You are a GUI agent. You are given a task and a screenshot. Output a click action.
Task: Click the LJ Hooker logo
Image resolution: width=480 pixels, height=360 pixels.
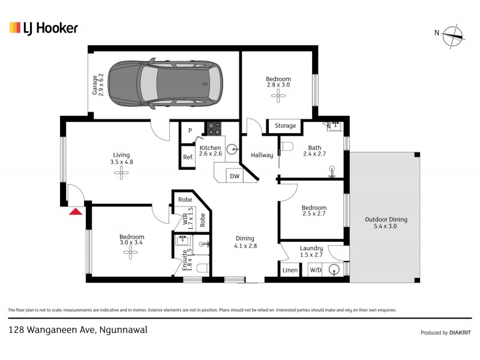(43, 28)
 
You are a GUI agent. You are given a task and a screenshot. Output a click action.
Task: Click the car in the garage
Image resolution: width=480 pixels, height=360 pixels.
(178, 83)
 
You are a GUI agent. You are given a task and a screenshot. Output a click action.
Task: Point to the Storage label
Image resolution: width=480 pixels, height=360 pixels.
(285, 126)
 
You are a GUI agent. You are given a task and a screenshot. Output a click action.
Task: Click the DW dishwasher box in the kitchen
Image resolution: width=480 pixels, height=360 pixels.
(234, 176)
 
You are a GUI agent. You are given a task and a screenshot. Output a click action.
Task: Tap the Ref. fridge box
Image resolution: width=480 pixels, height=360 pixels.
(188, 157)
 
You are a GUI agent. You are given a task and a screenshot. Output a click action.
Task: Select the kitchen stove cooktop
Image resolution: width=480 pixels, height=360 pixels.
(214, 128)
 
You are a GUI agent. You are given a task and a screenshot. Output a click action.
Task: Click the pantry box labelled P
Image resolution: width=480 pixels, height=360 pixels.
(190, 130)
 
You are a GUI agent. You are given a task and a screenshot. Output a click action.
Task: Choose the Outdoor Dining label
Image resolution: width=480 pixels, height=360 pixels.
(381, 223)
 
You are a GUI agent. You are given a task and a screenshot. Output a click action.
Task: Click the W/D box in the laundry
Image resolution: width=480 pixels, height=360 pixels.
(314, 271)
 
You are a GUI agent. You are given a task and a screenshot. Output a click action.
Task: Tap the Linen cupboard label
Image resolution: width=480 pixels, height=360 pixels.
(289, 271)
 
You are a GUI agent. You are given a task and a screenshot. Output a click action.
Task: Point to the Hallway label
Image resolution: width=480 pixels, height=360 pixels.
(262, 155)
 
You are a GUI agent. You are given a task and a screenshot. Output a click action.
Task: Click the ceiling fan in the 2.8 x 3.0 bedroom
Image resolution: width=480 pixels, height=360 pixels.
(278, 95)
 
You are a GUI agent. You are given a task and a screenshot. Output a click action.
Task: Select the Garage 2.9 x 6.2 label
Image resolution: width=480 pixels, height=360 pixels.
(98, 85)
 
